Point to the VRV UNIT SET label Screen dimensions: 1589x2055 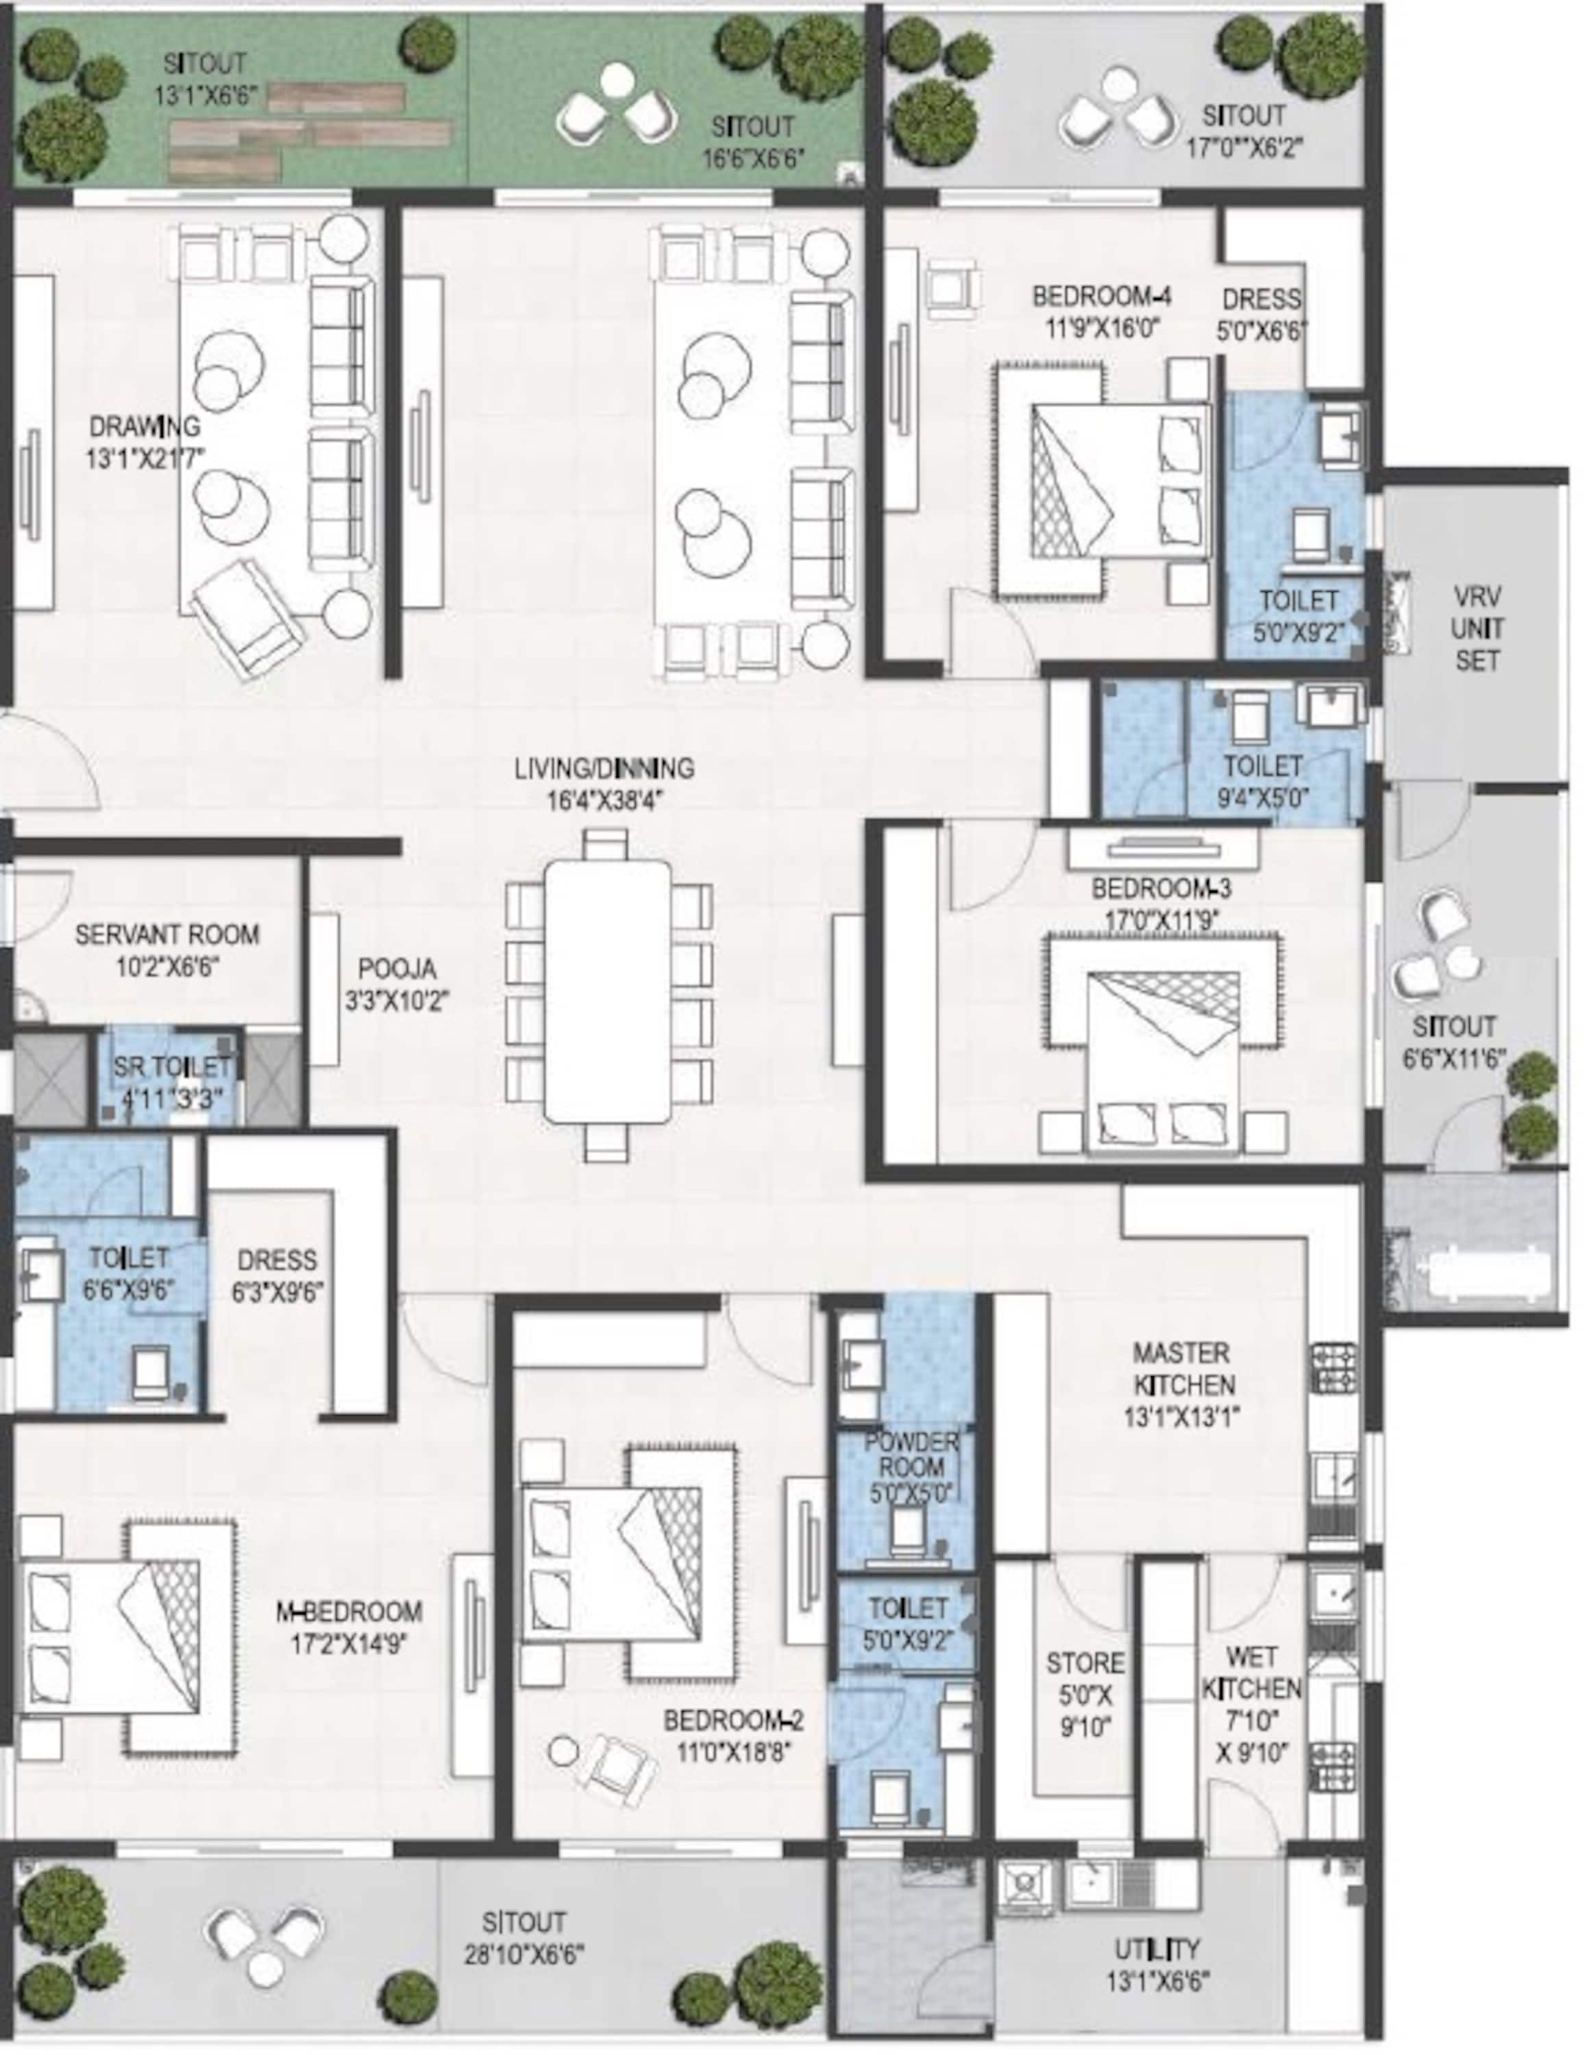click(1477, 629)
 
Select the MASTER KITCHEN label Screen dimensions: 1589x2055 click(1183, 1369)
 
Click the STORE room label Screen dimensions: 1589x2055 click(1085, 1664)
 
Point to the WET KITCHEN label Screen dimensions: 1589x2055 click(1251, 1672)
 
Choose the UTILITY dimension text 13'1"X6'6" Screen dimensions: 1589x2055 click(1158, 1980)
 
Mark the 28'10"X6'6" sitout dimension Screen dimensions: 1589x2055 click(523, 1954)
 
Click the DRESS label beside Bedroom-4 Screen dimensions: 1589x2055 click(1261, 299)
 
